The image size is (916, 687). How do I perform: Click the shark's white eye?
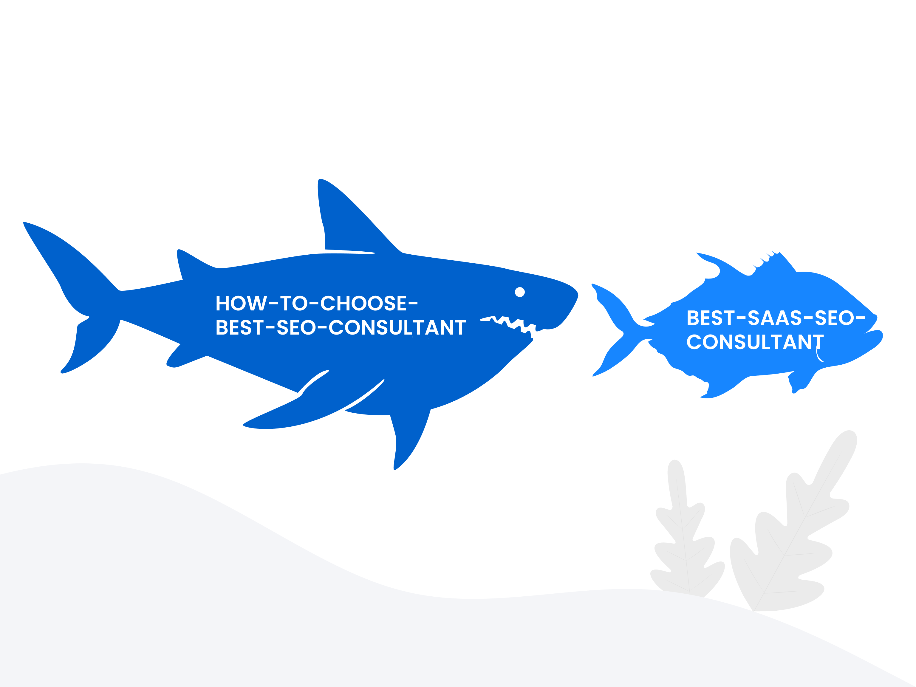[520, 292]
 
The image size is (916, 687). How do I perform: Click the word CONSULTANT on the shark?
[397, 327]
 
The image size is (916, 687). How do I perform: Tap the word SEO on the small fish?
[834, 318]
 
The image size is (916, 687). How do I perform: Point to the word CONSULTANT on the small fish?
[755, 342]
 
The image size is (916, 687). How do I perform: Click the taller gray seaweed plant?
[787, 530]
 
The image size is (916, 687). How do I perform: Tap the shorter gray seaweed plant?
[685, 534]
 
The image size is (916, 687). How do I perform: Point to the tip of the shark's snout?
[577, 295]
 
